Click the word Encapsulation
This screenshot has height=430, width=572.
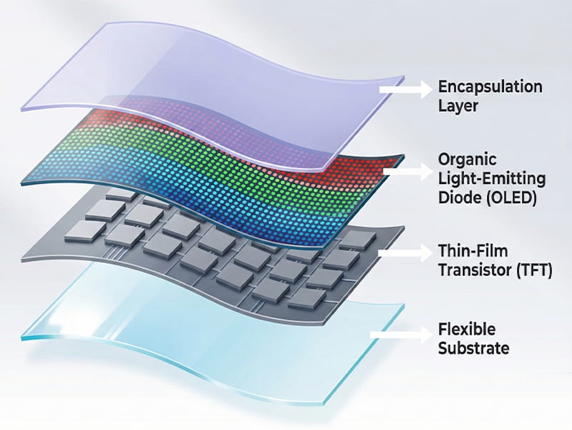[490, 86]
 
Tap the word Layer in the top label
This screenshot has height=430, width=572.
[458, 106]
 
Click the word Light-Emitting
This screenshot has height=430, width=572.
[492, 179]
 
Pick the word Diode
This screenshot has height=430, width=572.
[458, 197]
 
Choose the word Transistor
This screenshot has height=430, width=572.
[474, 270]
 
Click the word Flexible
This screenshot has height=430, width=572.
[467, 329]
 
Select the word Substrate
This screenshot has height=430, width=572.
[473, 348]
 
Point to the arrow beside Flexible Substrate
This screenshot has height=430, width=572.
[401, 334]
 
